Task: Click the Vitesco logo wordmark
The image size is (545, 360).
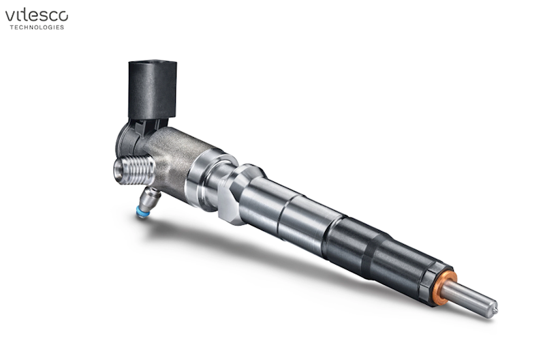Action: [x=37, y=16]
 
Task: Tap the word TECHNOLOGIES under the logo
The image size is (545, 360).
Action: [x=37, y=27]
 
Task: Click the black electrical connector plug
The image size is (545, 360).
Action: [x=152, y=90]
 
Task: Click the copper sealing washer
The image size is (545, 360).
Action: [x=446, y=288]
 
